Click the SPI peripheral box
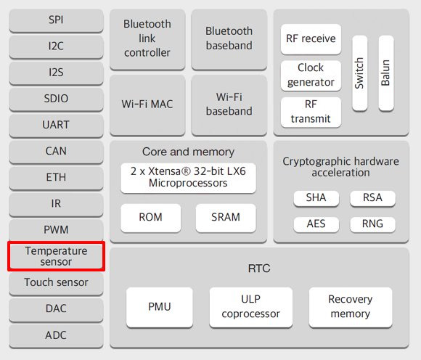(56, 20)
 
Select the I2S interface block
(56, 73)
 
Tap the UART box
(56, 126)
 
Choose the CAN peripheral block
(56, 152)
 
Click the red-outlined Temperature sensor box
(56, 256)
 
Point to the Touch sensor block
(56, 283)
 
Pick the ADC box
(56, 336)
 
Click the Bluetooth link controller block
(147, 39)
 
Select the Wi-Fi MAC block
(147, 105)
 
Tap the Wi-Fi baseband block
(229, 105)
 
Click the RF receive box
(311, 39)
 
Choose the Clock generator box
(311, 75)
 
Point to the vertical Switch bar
(360, 73)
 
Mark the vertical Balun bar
(386, 73)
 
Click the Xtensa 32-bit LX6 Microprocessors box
(188, 178)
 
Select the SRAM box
(226, 218)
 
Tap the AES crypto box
(316, 224)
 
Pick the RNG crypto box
(372, 224)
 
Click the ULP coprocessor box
(250, 308)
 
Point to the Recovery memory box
(351, 308)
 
